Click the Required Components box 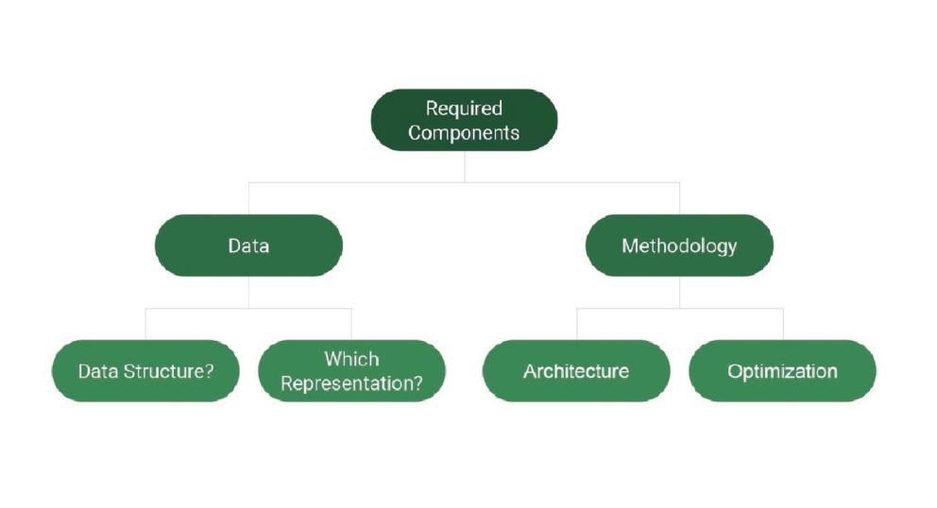[x=465, y=120]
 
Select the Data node [x=248, y=246]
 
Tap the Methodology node [x=679, y=246]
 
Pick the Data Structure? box [x=145, y=371]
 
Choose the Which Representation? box [x=352, y=371]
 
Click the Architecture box [x=577, y=371]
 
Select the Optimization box [x=783, y=371]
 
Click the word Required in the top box [x=465, y=109]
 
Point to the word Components [x=465, y=133]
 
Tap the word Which [x=352, y=359]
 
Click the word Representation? [x=352, y=383]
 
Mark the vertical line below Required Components [x=465, y=167]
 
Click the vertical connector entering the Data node [x=248, y=198]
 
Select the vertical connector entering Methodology [x=679, y=198]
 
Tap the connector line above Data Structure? [x=145, y=325]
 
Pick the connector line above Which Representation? [x=352, y=325]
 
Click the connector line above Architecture [x=577, y=325]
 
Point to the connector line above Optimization [x=783, y=325]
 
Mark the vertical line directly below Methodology [x=679, y=293]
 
